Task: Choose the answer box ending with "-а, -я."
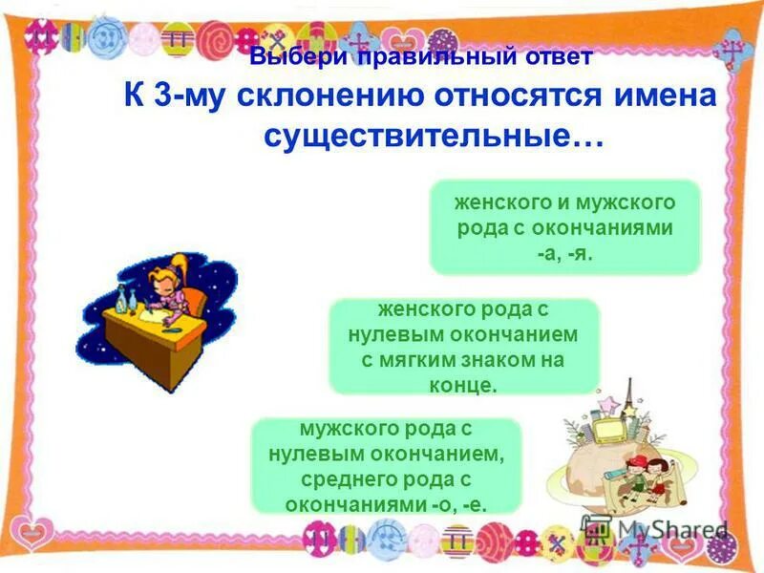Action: (564, 227)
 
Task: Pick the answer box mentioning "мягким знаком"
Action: (463, 346)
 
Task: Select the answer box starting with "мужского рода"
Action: (386, 466)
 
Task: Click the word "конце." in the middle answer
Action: (463, 385)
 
